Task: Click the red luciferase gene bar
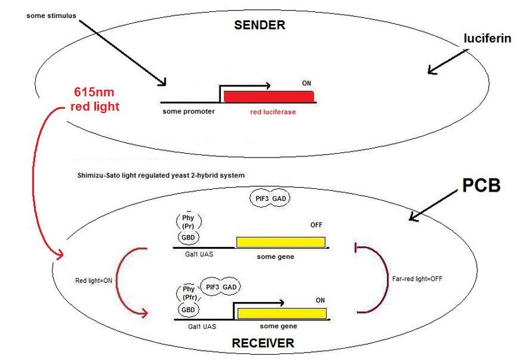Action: [269, 96]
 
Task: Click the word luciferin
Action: [487, 39]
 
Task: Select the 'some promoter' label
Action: [189, 111]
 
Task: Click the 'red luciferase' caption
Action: [273, 112]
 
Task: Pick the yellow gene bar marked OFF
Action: [281, 242]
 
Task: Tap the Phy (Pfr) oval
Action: [188, 293]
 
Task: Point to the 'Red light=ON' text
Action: [93, 281]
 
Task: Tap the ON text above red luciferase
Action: [307, 83]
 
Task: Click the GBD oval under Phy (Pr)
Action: [188, 238]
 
